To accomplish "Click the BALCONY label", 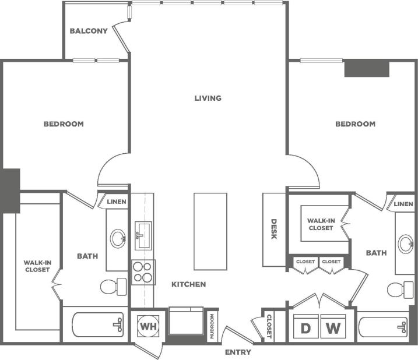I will click(x=89, y=31).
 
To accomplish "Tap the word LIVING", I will click(x=208, y=98).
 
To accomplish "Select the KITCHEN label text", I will click(x=188, y=284).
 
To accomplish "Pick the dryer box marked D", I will click(x=305, y=327).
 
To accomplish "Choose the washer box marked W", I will click(x=333, y=327).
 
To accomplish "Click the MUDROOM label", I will click(x=212, y=326).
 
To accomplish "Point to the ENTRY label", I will click(x=238, y=352).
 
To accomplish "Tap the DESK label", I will click(x=273, y=229).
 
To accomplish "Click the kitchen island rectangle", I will click(x=210, y=231).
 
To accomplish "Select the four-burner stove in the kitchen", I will click(x=142, y=271).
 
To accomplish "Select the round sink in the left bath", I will click(x=118, y=238).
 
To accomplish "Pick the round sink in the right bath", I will click(x=406, y=243).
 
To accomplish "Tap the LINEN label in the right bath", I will click(x=403, y=204).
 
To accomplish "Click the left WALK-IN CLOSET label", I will click(x=37, y=266).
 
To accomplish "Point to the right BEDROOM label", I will click(x=355, y=124).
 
